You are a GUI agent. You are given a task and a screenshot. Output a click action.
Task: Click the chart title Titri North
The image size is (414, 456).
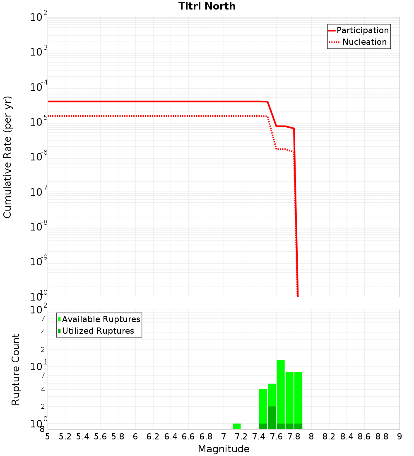pos(207,6)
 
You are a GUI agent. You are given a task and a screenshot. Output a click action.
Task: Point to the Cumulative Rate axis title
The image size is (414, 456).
pos(7,157)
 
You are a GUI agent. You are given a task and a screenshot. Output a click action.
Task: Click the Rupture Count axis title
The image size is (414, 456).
pos(16,369)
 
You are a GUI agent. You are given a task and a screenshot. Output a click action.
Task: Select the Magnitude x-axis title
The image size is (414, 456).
pos(224,449)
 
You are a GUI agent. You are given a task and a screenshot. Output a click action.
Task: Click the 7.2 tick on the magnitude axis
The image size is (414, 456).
pos(241,437)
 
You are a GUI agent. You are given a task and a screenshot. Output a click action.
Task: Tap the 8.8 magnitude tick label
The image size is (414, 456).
pos(382,437)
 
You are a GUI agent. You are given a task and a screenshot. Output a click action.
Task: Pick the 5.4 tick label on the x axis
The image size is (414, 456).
pos(83,437)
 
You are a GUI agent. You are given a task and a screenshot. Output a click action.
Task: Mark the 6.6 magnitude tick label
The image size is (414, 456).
pos(188,437)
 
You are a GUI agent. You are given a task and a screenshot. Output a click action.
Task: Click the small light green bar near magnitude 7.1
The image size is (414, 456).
pos(237,426)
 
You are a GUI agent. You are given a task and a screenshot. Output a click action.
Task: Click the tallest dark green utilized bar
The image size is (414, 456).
pos(272,417)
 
